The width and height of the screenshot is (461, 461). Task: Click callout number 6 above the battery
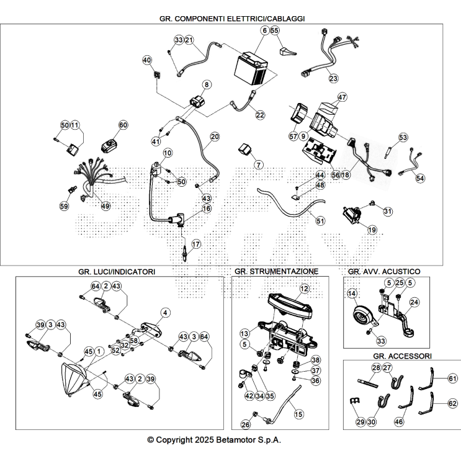point(265,30)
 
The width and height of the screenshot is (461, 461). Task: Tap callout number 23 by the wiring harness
point(333,78)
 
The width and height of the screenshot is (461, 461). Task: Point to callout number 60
point(122,125)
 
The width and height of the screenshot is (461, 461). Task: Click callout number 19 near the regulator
point(372,230)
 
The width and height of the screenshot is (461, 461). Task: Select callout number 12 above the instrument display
point(304,289)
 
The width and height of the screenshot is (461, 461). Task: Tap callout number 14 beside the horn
point(351,293)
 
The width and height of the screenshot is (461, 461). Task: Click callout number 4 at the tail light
point(165,311)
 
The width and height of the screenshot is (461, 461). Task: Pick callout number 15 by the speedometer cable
point(299,414)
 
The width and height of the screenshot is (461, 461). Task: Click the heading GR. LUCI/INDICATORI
point(117,272)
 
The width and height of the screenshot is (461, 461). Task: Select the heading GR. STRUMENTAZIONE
point(276,272)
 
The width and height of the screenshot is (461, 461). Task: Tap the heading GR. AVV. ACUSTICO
point(384,272)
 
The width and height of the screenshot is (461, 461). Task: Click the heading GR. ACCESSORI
point(403,356)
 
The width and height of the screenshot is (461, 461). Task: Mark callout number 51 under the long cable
point(320,220)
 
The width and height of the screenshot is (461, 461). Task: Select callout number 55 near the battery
point(275,30)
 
